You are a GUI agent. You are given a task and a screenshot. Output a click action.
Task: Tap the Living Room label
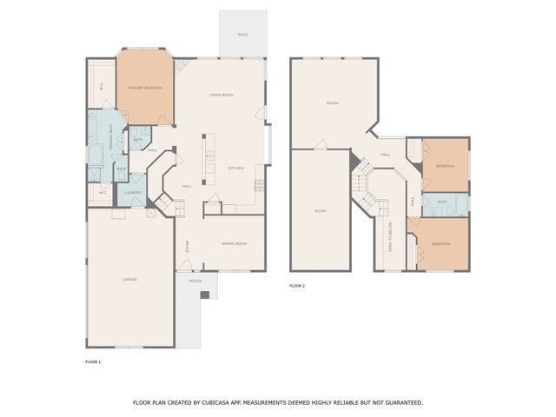point(222,95)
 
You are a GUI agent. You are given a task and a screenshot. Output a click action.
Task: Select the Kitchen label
point(235,168)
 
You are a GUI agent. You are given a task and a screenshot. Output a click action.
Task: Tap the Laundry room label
point(133,193)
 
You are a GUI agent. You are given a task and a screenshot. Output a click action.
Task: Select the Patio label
point(242,35)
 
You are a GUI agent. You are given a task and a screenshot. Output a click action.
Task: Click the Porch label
point(195,281)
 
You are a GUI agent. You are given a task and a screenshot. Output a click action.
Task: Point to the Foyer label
point(186,247)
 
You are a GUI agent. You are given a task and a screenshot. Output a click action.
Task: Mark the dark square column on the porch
point(205,295)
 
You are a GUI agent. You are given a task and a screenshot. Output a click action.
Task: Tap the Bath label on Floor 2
point(442,202)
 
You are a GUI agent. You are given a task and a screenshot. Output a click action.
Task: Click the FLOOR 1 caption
point(93,361)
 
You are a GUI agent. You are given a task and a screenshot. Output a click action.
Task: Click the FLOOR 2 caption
point(297,285)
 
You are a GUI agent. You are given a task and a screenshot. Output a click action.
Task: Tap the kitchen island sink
point(211,157)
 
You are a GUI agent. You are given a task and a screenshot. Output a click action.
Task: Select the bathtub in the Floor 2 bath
point(461,205)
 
